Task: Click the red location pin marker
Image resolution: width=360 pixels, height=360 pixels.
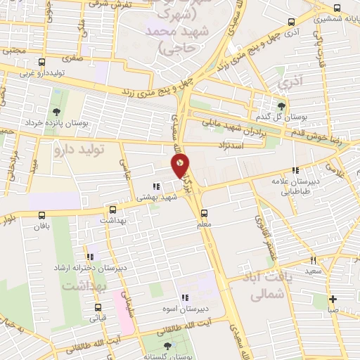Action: (x=180, y=165)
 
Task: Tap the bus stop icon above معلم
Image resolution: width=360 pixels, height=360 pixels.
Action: (x=204, y=213)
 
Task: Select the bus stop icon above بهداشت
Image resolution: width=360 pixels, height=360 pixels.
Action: (x=112, y=209)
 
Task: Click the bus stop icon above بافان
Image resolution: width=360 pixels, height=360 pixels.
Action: (x=42, y=215)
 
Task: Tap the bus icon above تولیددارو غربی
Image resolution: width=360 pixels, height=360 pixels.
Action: (x=42, y=62)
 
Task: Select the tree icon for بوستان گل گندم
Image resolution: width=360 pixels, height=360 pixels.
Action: (x=282, y=105)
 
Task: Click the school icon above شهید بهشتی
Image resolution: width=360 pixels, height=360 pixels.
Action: (x=156, y=186)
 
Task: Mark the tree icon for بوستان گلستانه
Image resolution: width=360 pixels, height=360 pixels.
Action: (x=167, y=346)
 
